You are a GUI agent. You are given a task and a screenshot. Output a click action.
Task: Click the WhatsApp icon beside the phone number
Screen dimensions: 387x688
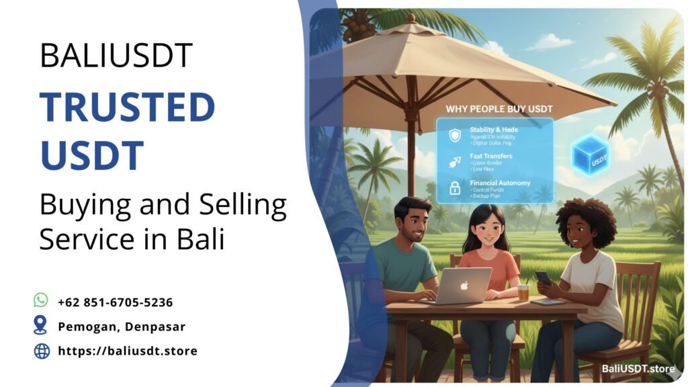41,300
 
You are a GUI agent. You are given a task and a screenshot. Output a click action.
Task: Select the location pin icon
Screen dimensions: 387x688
41,326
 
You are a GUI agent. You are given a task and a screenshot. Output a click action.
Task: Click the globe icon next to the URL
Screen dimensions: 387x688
42,351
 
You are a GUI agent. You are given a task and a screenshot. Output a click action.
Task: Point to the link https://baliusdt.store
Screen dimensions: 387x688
128,351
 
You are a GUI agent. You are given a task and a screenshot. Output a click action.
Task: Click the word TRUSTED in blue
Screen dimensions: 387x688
127,107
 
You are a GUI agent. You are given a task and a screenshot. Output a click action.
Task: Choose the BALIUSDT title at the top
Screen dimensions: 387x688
116,56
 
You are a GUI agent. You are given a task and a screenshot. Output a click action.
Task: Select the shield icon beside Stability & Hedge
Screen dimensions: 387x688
455,134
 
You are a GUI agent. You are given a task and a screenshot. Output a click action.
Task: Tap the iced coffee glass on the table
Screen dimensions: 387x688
523,291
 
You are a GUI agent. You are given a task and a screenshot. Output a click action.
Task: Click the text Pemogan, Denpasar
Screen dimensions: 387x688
122,327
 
